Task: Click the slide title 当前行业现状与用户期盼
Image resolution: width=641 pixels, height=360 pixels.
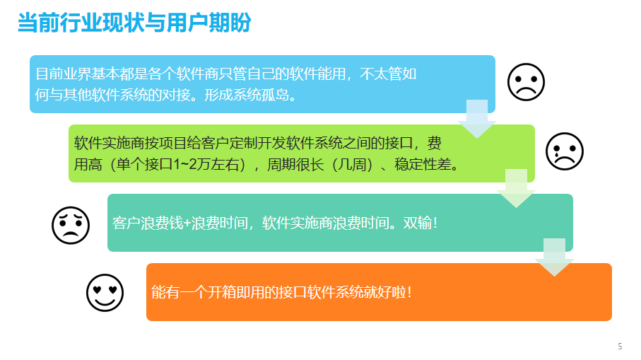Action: (134, 23)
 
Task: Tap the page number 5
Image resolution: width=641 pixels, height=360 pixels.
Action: (620, 347)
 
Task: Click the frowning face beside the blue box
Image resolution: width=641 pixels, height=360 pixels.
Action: (526, 82)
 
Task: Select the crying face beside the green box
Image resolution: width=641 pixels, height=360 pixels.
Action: (564, 151)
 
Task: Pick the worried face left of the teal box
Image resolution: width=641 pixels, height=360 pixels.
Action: (71, 225)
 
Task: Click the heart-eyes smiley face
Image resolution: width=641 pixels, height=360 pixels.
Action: (105, 293)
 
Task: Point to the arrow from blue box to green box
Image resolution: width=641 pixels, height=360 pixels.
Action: (476, 119)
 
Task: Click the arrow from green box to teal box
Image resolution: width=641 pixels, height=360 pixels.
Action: (516, 188)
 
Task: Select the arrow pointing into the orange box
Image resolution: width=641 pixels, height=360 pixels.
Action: (554, 257)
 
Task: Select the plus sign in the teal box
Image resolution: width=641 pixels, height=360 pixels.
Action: (187, 223)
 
